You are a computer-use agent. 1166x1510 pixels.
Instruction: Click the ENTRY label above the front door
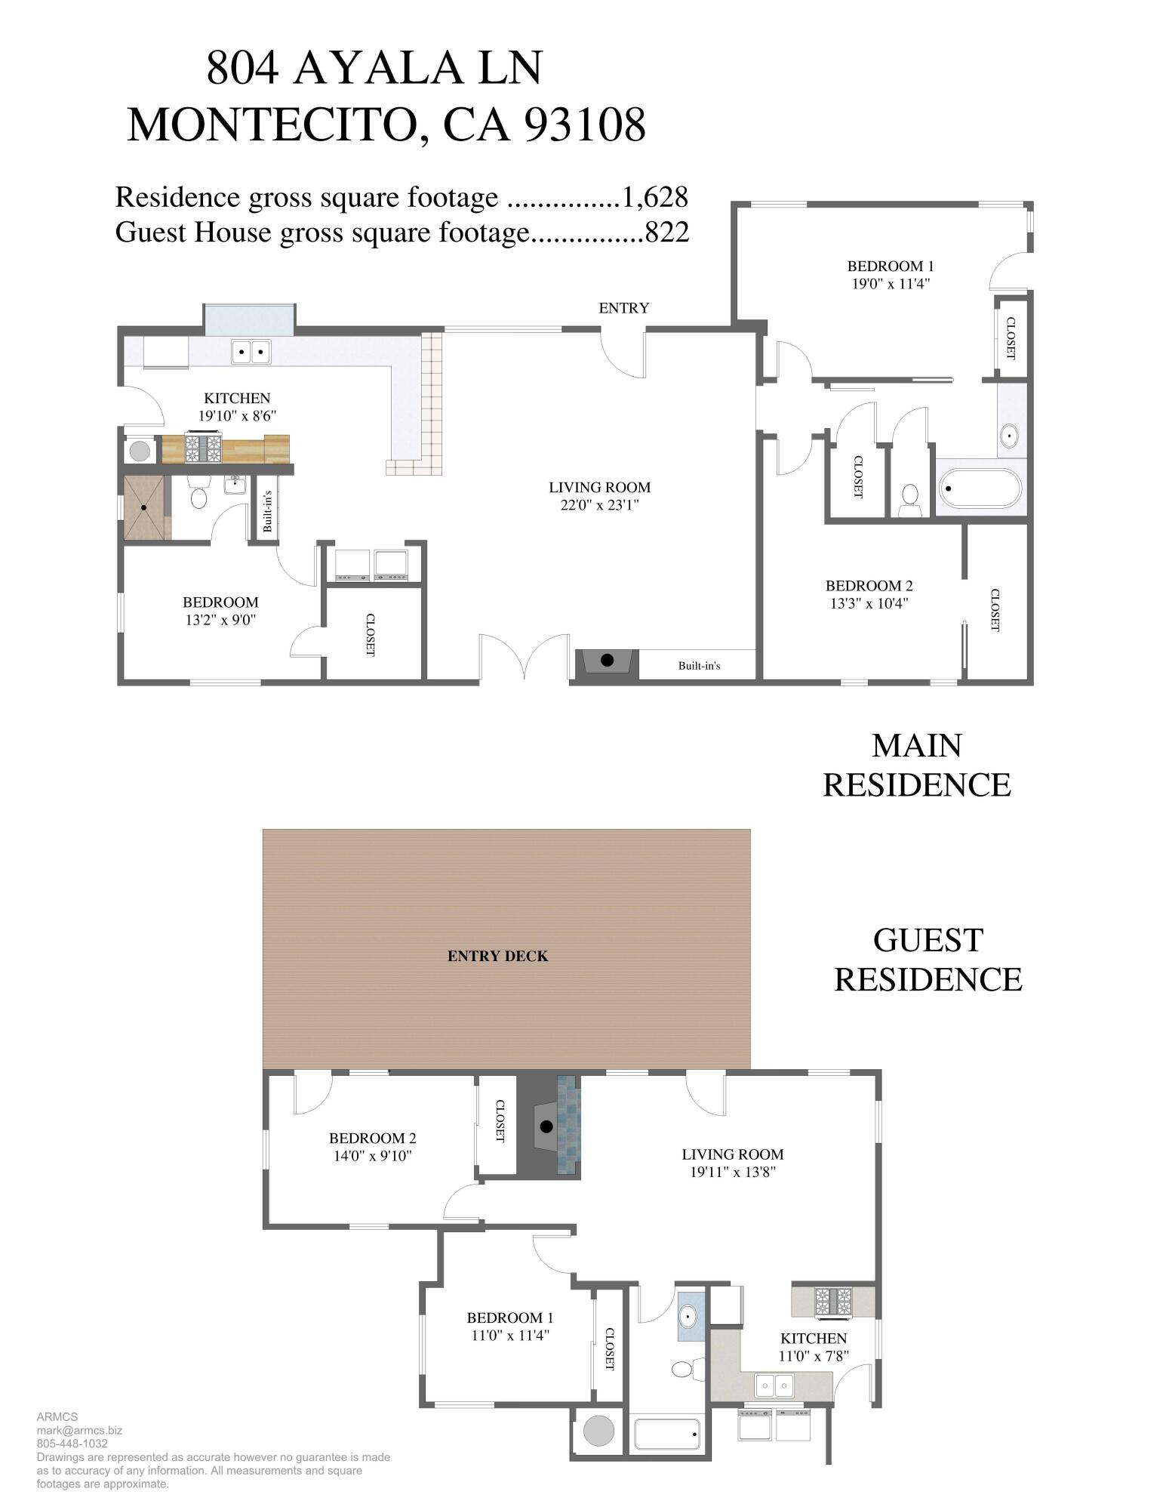point(623,308)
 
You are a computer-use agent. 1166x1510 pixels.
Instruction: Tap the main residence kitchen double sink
point(251,351)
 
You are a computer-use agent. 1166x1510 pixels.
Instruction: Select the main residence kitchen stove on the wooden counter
point(204,448)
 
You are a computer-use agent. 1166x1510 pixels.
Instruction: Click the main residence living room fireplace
point(607,662)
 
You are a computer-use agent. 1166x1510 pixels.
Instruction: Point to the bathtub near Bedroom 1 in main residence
point(980,488)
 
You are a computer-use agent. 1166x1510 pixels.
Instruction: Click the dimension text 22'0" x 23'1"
point(599,505)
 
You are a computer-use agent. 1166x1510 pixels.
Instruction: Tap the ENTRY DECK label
point(497,956)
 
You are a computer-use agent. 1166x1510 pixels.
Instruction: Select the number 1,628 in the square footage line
point(654,197)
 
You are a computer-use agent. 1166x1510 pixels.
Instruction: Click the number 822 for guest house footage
point(667,232)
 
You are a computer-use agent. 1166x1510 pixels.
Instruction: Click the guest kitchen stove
point(832,1301)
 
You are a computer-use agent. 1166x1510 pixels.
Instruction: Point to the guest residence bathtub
point(667,1434)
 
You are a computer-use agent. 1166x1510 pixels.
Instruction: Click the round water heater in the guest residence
point(598,1431)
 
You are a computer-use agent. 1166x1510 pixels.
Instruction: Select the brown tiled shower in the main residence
point(143,507)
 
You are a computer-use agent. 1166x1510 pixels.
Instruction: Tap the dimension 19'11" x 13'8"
point(732,1172)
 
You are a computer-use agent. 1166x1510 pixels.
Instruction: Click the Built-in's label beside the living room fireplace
point(699,665)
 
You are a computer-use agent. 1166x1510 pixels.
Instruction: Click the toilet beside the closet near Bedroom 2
point(910,498)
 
